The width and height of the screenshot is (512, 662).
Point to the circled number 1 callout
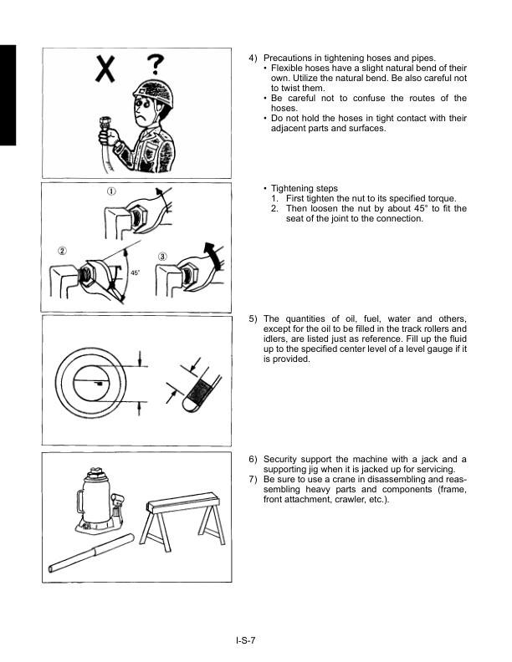click(x=111, y=191)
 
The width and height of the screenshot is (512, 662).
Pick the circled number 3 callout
click(x=163, y=255)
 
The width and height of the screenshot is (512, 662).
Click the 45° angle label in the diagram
click(x=134, y=272)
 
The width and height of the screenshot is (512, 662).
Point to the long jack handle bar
click(x=92, y=554)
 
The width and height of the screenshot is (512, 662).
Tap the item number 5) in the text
click(x=253, y=318)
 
